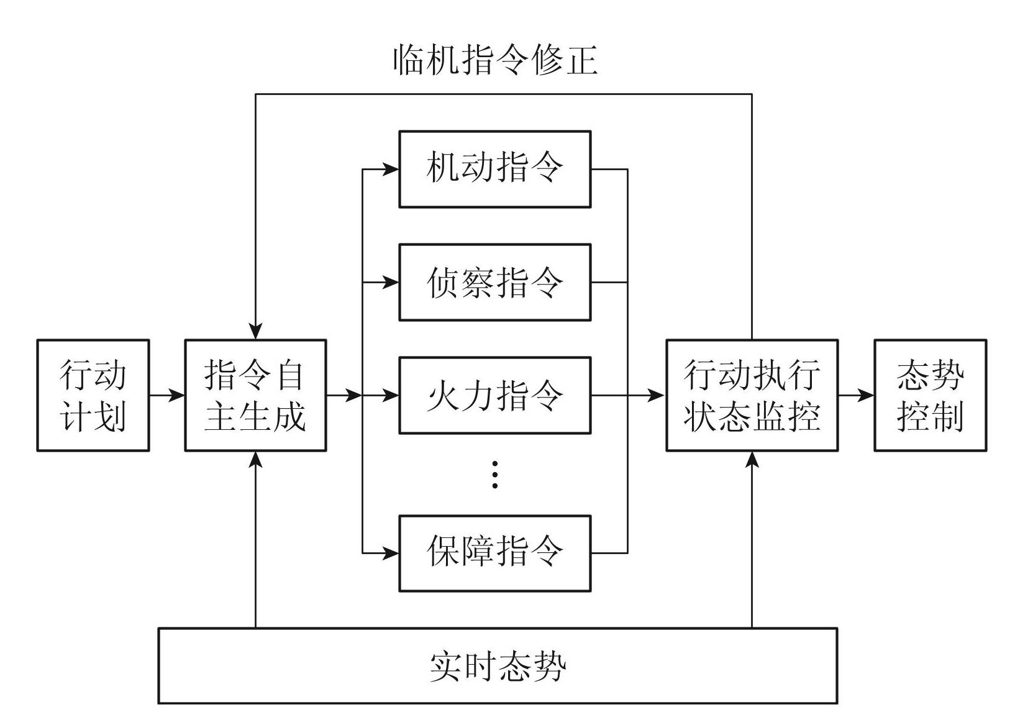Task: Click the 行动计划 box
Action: click(93, 395)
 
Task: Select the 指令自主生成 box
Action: click(255, 395)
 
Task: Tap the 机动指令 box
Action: click(494, 169)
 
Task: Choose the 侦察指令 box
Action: click(494, 283)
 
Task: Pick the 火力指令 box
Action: click(494, 395)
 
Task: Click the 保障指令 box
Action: click(494, 553)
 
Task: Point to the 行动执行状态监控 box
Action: click(752, 395)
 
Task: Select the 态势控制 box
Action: click(930, 395)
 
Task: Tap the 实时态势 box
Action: click(498, 666)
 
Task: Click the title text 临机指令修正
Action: click(495, 61)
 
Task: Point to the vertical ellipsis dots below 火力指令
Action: click(494, 475)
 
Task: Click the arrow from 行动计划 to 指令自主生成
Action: click(167, 395)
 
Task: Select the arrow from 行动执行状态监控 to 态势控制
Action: click(856, 395)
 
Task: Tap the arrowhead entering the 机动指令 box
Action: click(391, 169)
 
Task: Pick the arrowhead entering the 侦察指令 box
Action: click(391, 283)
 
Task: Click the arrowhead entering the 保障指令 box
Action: click(391, 553)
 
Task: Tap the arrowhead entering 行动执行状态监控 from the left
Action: click(657, 395)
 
